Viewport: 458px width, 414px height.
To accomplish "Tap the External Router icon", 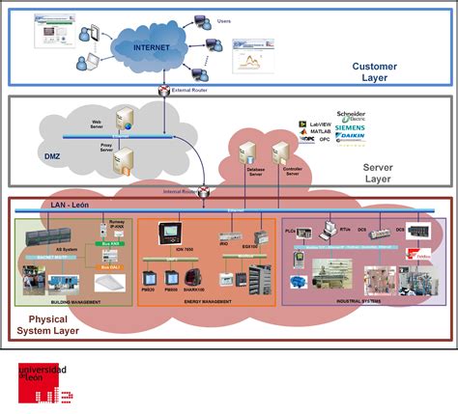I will click(166, 90).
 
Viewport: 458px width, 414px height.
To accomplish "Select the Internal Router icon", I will click(206, 189).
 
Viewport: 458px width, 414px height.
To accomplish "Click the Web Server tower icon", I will click(126, 120).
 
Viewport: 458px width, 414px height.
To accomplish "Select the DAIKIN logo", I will click(349, 139).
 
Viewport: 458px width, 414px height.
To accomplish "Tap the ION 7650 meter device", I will click(179, 235).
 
